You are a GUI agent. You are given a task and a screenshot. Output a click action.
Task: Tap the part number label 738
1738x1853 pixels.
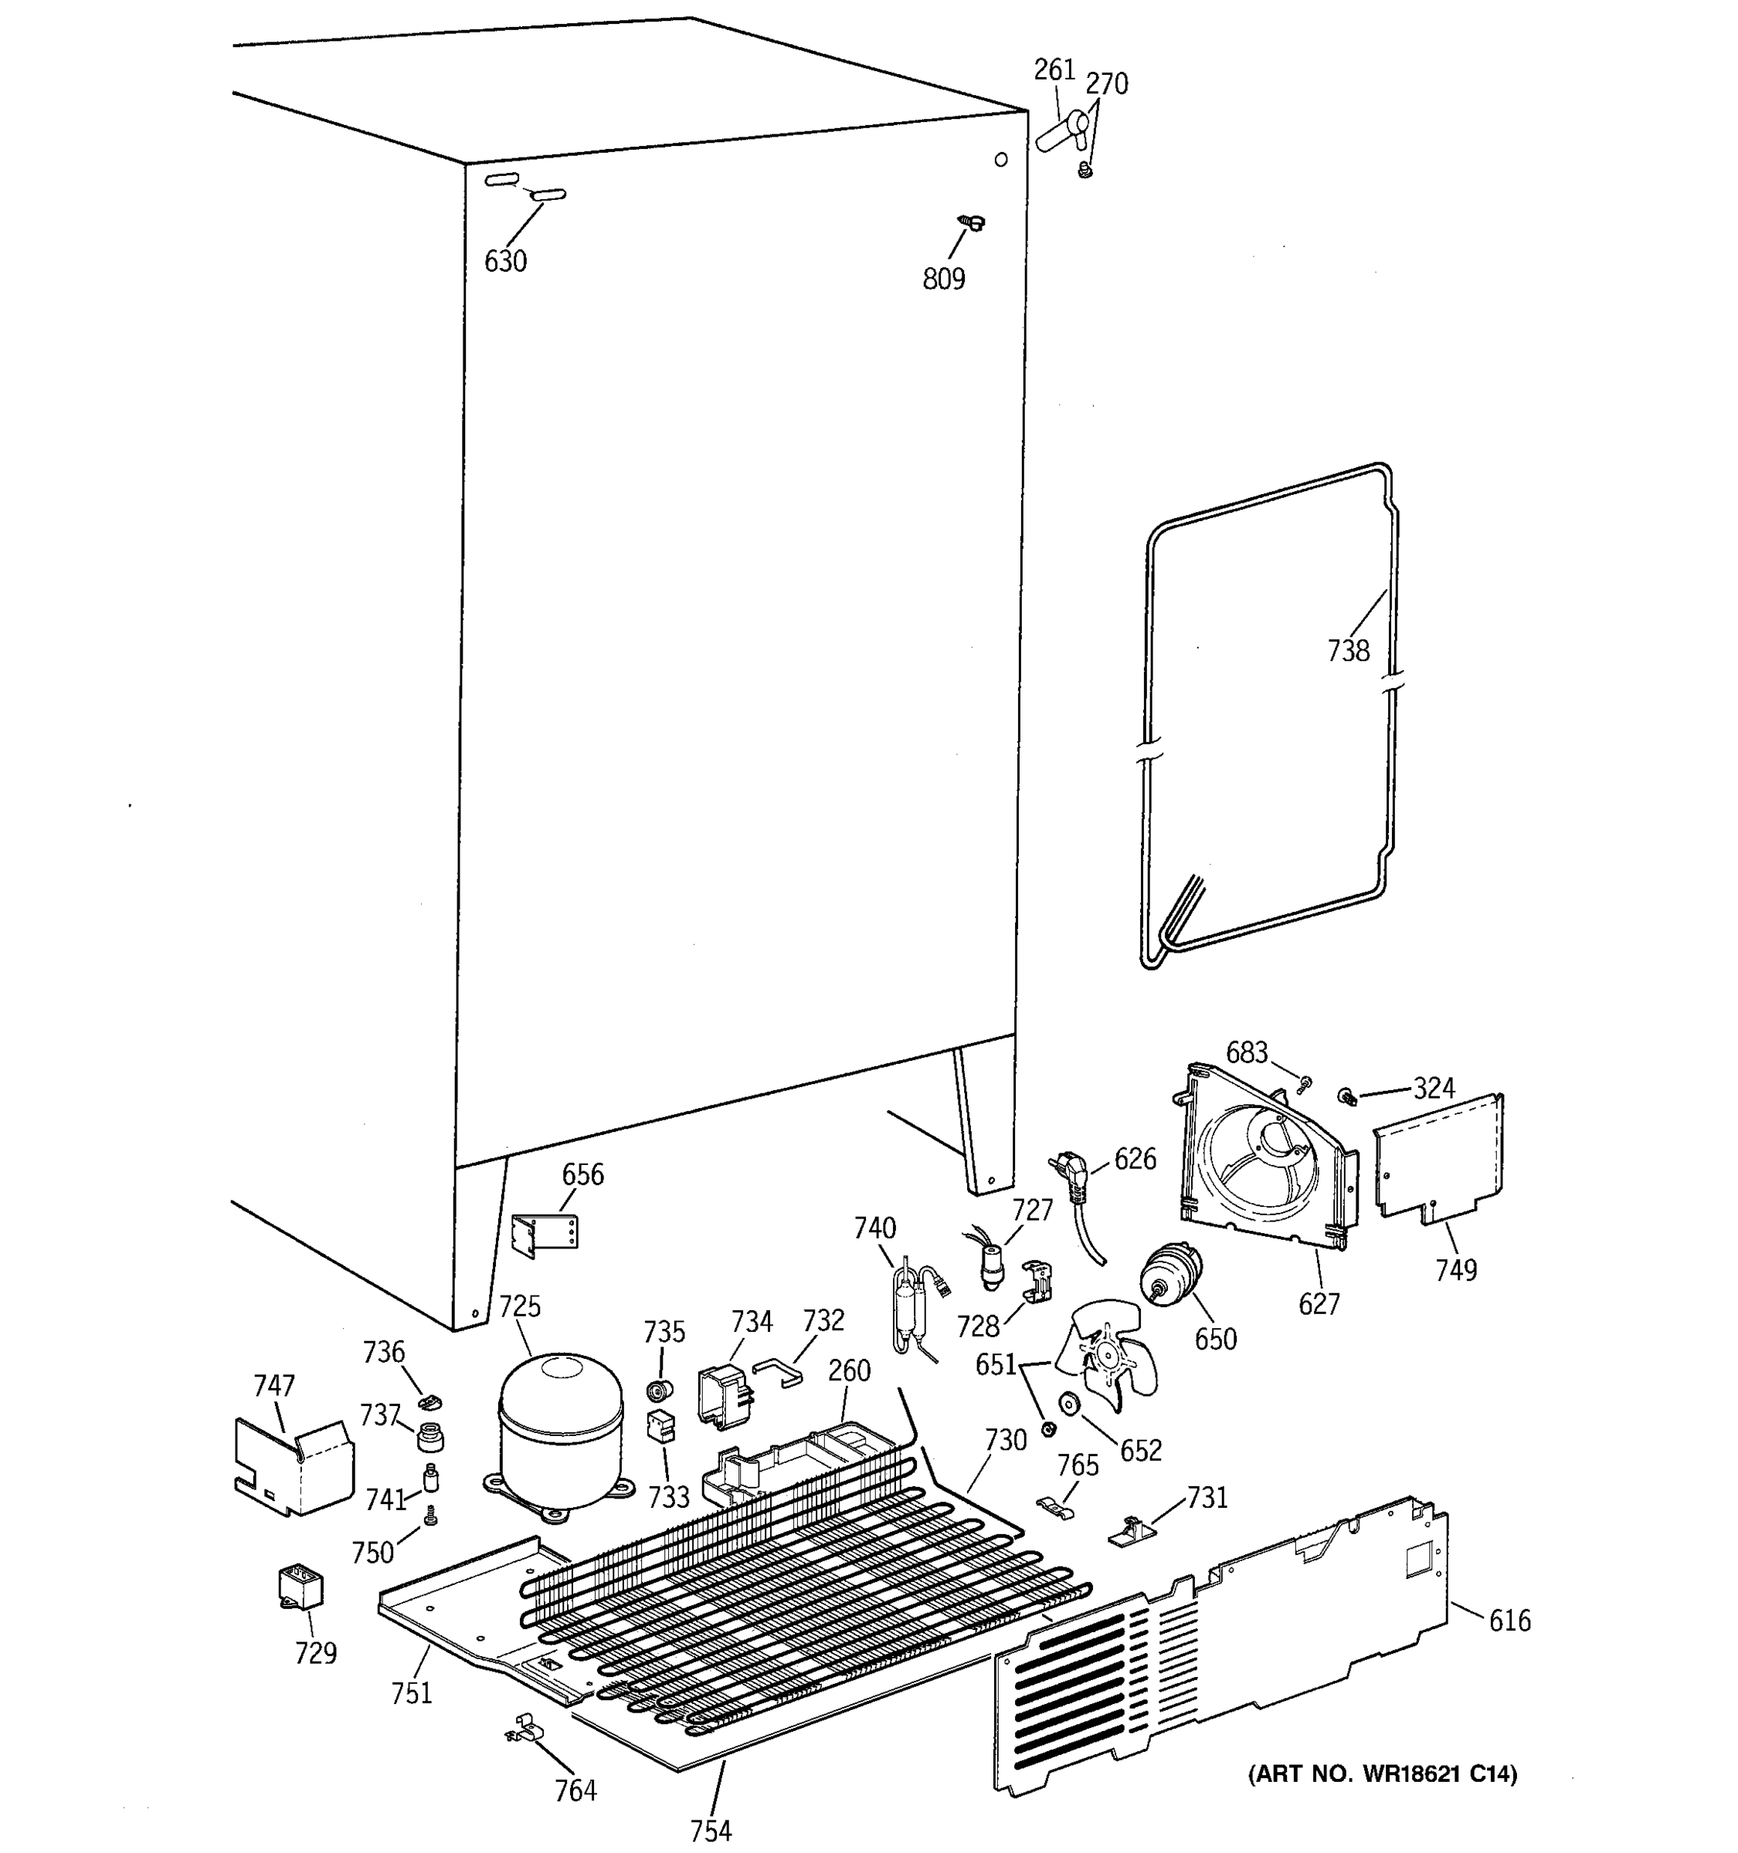(1348, 651)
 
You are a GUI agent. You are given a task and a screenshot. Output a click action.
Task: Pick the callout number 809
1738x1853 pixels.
(944, 279)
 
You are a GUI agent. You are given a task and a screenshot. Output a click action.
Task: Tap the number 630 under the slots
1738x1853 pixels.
(505, 262)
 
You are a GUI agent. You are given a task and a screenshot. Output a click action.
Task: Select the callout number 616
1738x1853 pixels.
(1509, 1622)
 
